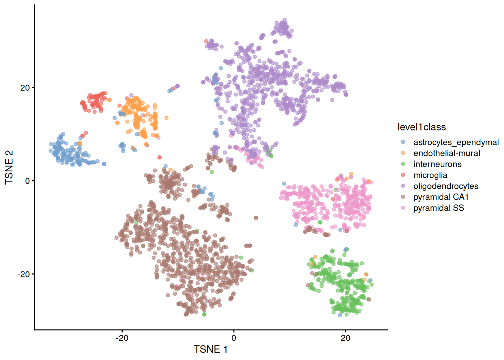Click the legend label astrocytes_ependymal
456,142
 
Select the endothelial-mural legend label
446,153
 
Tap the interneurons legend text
437,164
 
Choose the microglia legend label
430,175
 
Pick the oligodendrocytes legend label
445,186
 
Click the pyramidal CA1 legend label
441,197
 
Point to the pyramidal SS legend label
438,208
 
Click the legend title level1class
421,127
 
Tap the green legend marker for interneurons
403,164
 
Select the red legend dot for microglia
403,175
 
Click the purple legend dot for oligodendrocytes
403,186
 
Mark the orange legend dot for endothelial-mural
403,153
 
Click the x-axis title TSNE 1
210,349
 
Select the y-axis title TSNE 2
9,167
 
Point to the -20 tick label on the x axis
122,338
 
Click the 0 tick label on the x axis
234,338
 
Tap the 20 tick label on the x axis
345,338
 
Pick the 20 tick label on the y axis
25,88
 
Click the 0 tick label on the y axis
27,181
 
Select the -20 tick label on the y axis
23,274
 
